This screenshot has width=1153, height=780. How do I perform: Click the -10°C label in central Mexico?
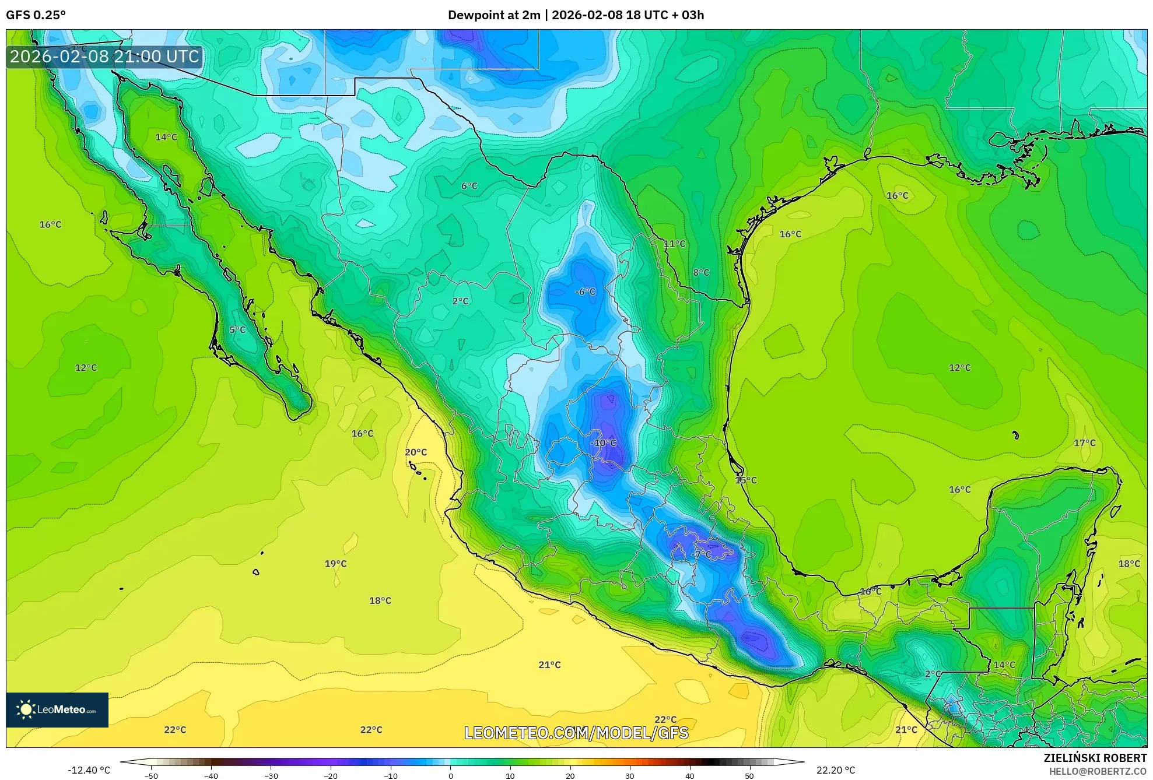click(x=603, y=443)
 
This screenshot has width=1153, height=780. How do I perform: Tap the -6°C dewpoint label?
click(x=586, y=291)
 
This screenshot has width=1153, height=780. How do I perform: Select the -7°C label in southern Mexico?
click(x=702, y=554)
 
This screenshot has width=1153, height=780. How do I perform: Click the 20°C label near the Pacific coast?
click(x=416, y=452)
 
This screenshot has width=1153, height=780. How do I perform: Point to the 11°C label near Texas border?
click(x=675, y=244)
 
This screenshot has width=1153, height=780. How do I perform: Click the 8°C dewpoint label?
click(x=701, y=273)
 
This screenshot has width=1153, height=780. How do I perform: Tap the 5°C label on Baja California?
click(x=237, y=330)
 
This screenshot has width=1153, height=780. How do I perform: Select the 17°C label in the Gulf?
click(x=1085, y=443)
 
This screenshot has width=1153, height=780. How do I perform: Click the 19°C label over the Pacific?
click(x=335, y=564)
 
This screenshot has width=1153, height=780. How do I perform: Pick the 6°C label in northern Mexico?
click(x=469, y=186)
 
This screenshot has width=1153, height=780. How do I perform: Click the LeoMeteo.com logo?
click(x=57, y=709)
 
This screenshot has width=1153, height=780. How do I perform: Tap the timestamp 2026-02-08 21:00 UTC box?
click(x=104, y=57)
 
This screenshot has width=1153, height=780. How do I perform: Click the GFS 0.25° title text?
click(x=36, y=15)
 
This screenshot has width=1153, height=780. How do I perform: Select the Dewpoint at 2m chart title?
click(x=576, y=15)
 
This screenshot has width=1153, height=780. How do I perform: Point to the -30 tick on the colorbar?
click(x=271, y=775)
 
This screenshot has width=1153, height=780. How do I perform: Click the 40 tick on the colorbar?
click(x=690, y=775)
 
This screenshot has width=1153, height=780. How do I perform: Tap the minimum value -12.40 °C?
click(x=89, y=770)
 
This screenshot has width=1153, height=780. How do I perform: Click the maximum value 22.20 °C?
click(x=836, y=770)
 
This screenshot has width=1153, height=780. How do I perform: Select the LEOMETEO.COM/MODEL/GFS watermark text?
click(x=576, y=733)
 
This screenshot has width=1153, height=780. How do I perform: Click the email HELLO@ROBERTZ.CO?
click(x=1098, y=771)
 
